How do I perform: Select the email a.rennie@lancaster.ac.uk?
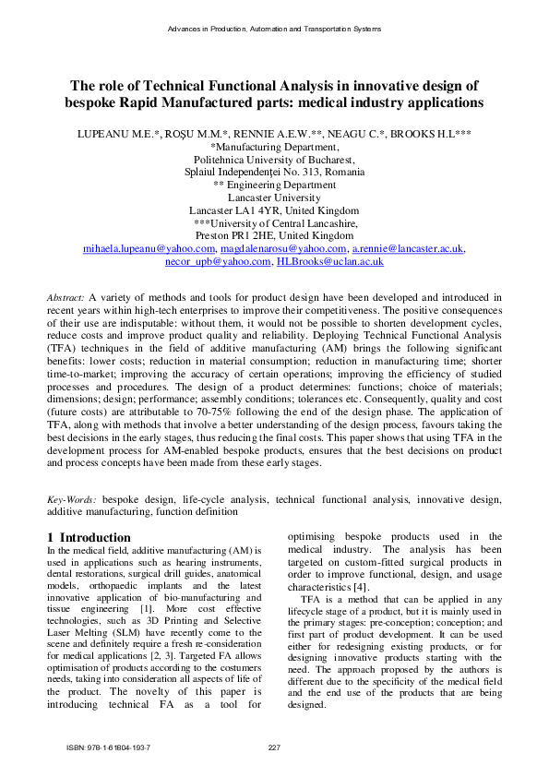click(x=408, y=249)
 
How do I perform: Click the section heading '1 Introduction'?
click(x=89, y=537)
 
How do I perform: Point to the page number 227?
click(x=274, y=747)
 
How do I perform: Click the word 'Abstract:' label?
click(x=66, y=297)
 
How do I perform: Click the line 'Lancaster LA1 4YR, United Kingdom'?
click(x=274, y=210)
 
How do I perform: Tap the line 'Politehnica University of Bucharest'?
click(x=274, y=159)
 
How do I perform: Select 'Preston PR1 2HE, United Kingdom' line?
click(x=274, y=236)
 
